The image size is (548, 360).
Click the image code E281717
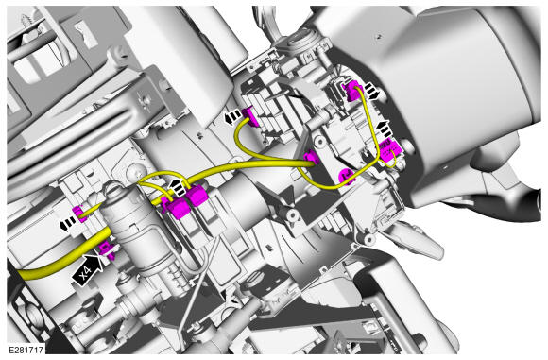26,350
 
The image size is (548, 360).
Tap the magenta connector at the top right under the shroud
353,90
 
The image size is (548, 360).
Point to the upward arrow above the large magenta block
385,128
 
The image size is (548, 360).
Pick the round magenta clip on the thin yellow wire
347,175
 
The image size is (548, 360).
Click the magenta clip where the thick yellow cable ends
312,158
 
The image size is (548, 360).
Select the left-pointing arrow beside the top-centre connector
232,117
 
